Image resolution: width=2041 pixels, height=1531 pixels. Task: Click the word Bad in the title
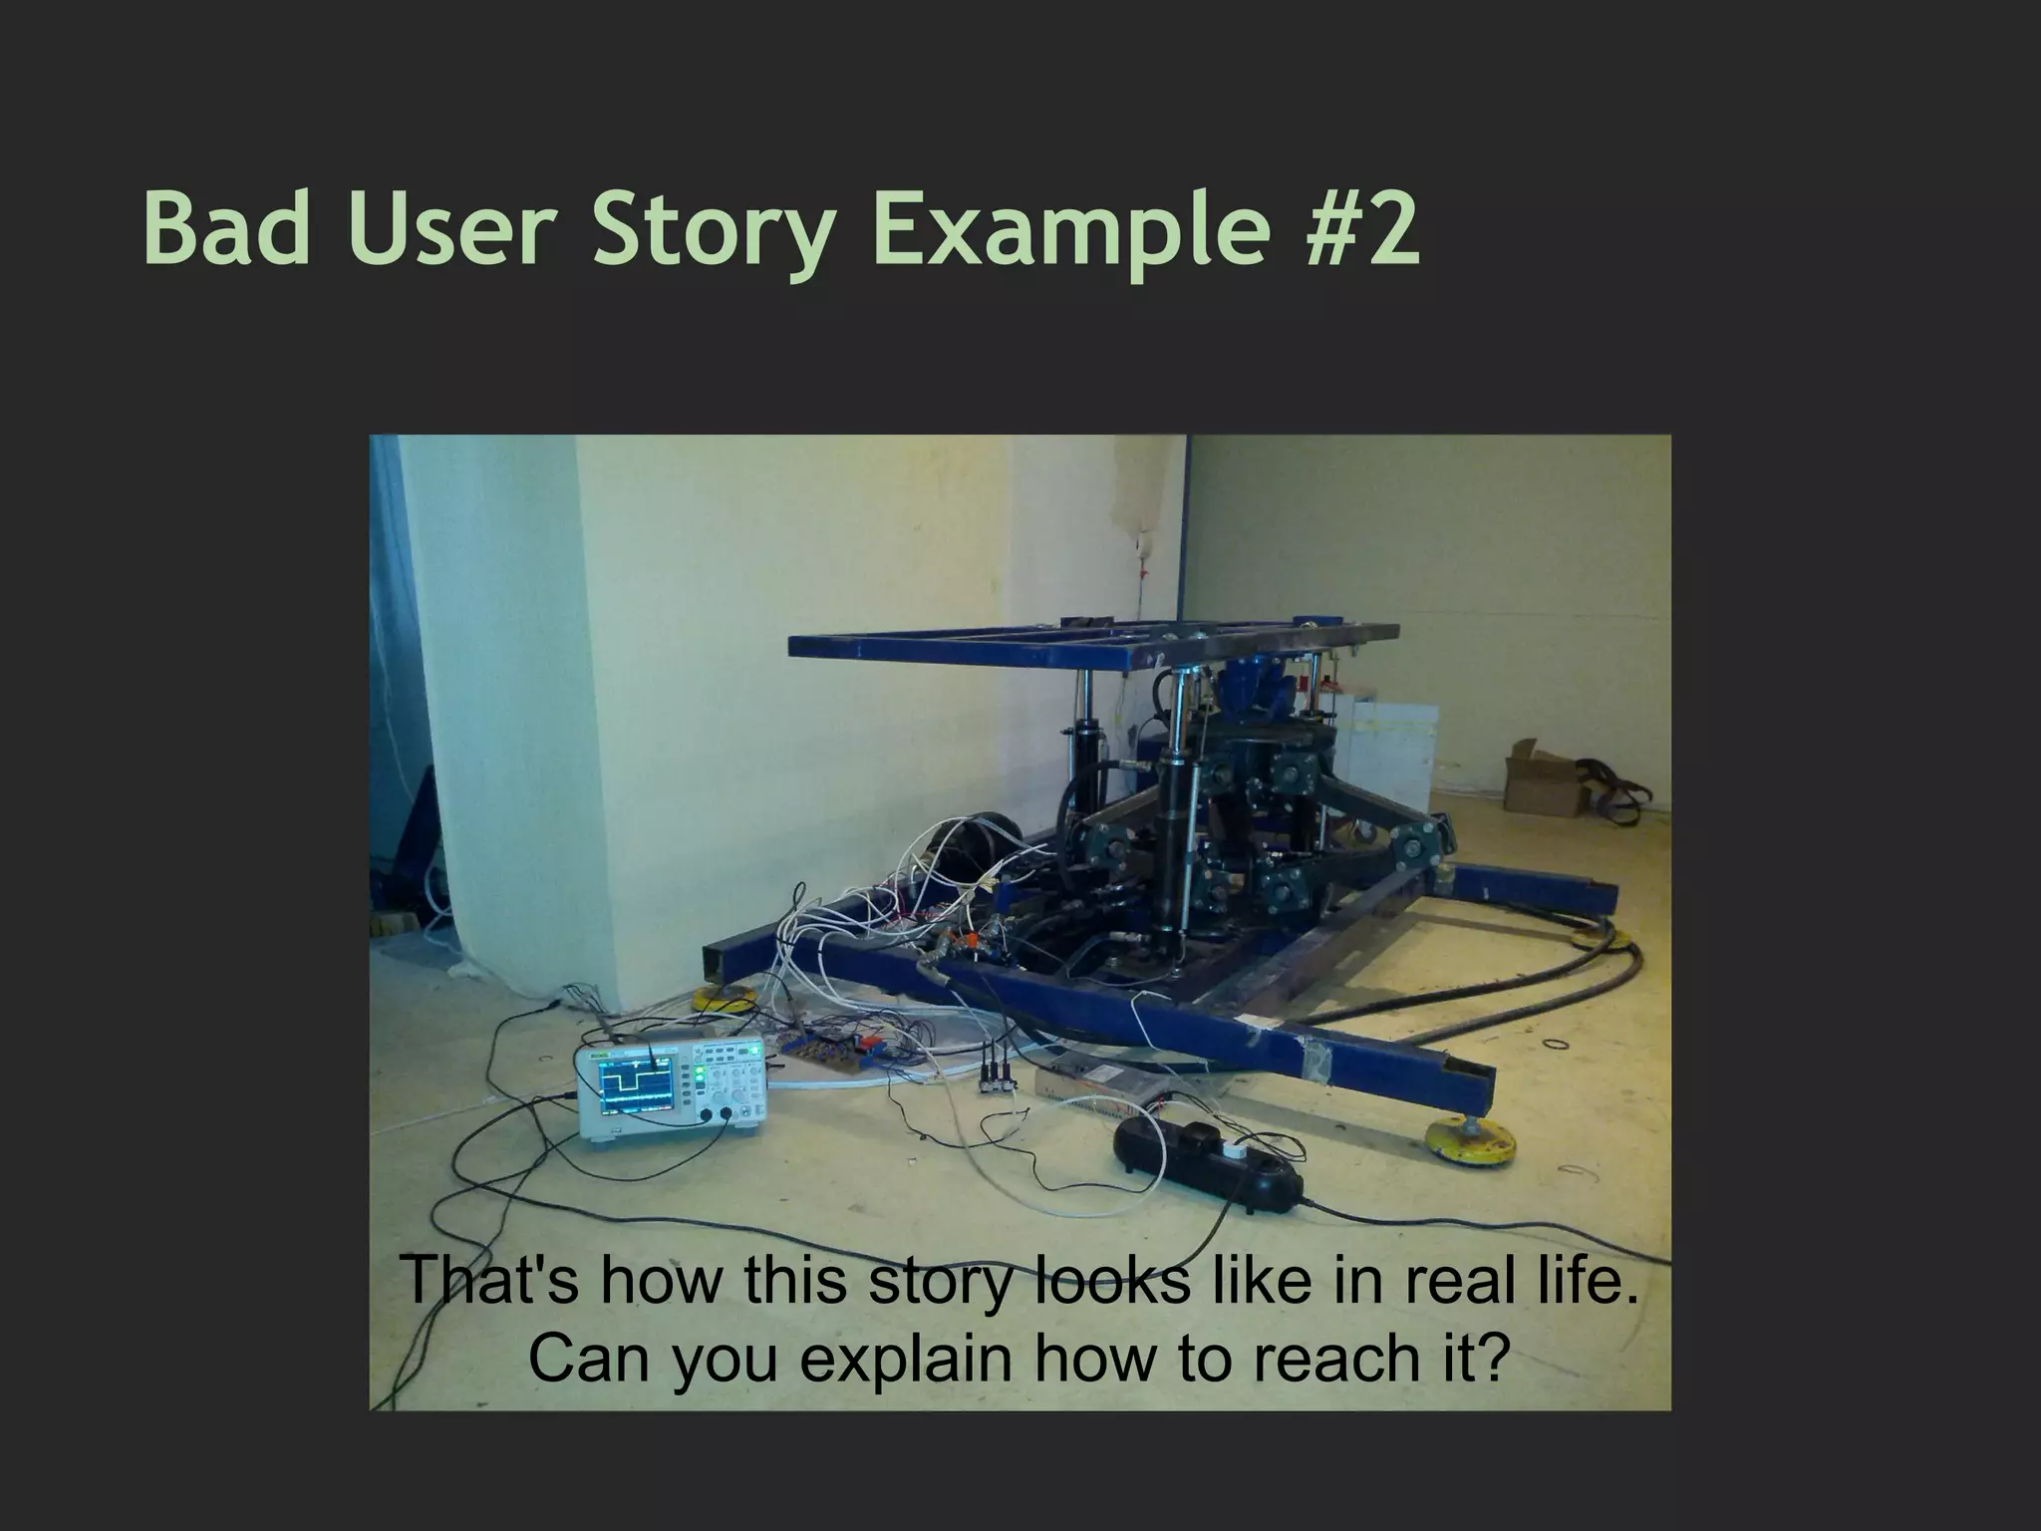pos(225,229)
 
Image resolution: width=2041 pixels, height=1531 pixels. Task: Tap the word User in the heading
pos(447,229)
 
